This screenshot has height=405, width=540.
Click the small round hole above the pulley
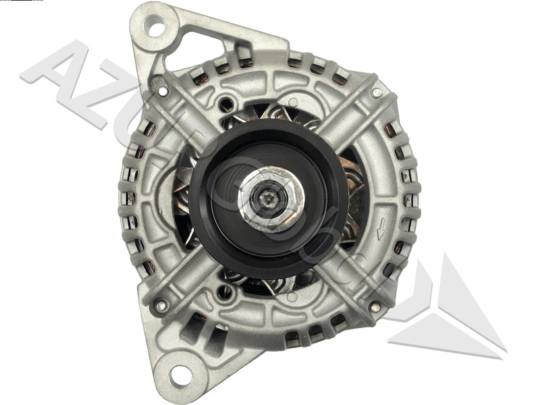pyautogui.click(x=226, y=103)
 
